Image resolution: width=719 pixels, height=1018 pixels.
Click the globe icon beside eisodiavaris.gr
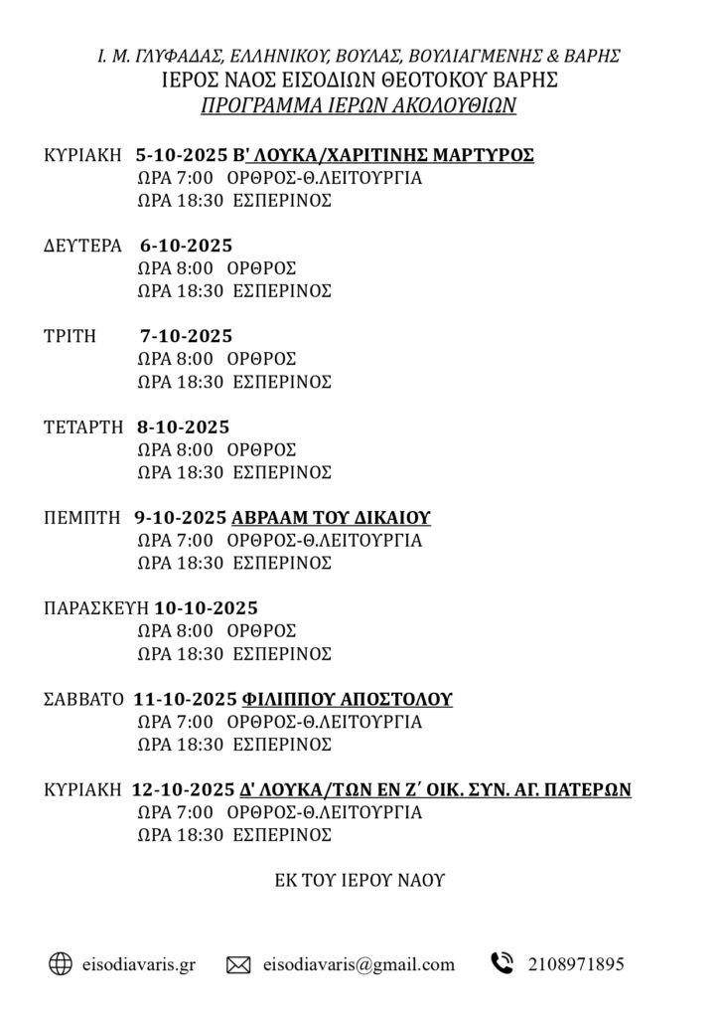pos(61,962)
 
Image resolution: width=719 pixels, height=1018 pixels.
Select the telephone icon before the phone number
pos(502,962)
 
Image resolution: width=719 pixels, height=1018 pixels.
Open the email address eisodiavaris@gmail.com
pos(359,963)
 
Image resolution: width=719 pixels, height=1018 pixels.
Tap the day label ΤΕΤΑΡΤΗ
pos(83,426)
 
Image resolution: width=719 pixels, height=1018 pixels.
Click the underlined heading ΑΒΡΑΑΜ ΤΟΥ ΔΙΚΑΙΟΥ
pos(331,517)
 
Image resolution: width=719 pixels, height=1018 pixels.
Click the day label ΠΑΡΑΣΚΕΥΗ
pos(95,607)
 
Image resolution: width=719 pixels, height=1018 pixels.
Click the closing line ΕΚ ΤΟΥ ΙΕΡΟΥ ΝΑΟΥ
pos(359,880)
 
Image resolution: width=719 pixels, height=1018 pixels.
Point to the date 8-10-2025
pos(184,426)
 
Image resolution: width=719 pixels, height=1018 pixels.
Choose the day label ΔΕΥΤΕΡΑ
pos(83,246)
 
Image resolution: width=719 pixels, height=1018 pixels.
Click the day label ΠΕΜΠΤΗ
pos(82,517)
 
